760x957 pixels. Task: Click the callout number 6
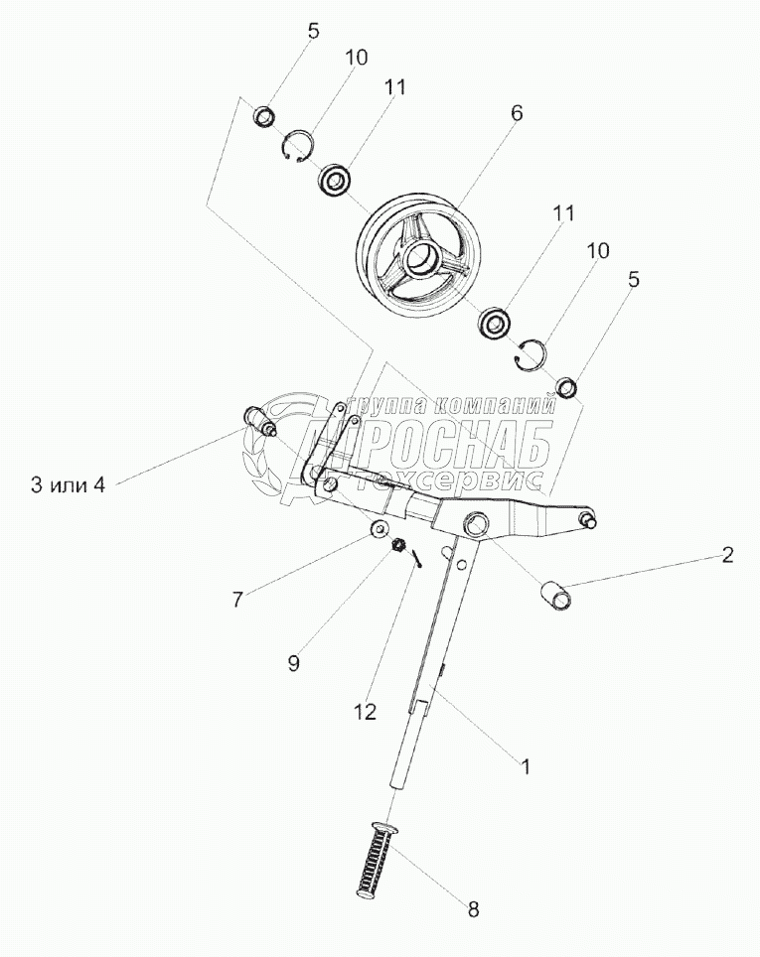pos(516,113)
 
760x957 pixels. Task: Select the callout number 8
pos(474,907)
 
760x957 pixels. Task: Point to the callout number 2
pos(727,556)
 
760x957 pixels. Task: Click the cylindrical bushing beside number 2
pos(556,597)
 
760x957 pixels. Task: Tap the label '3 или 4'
pos(68,484)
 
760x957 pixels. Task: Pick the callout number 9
pos(292,663)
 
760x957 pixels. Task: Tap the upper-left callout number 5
pos(313,30)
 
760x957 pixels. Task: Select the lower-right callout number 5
pos(633,281)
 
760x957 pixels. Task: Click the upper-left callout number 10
pos(356,57)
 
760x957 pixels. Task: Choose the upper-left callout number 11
pos(394,86)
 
